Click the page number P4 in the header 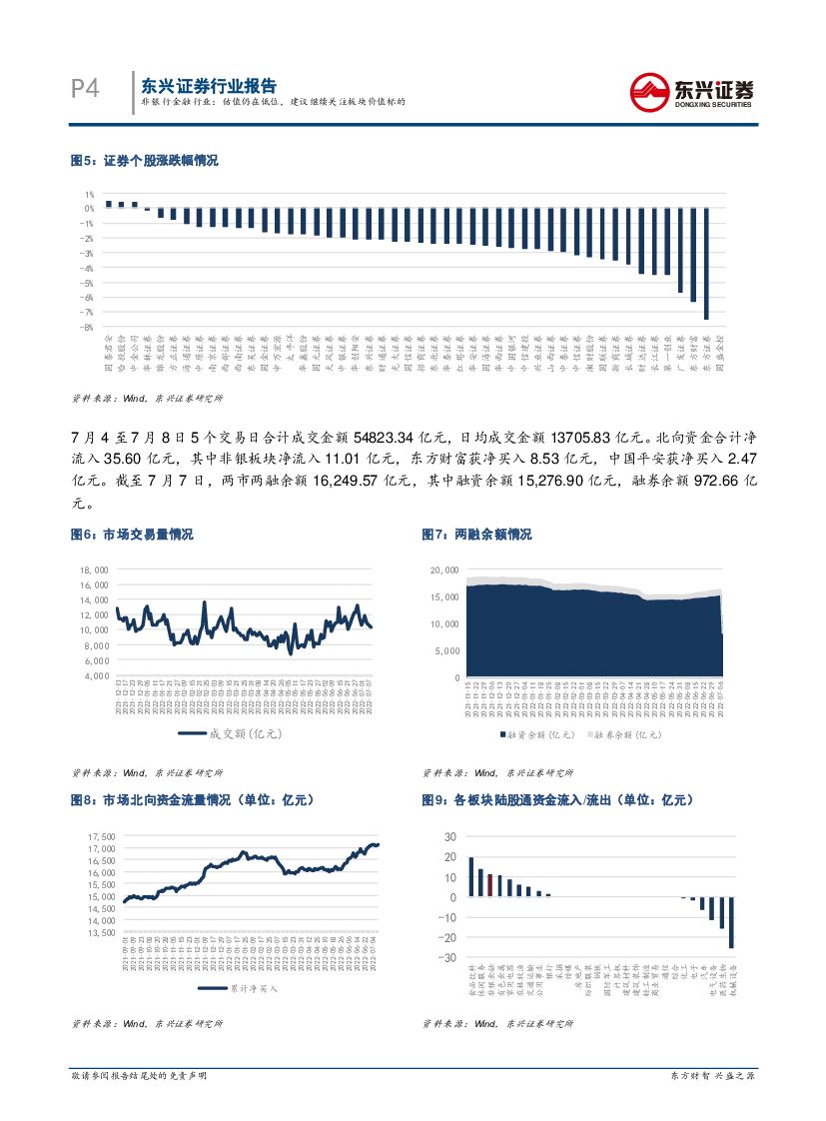coord(86,89)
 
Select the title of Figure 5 coord(144,160)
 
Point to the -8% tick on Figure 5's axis coord(89,327)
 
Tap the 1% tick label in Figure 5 coord(90,195)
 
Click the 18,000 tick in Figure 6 coord(93,569)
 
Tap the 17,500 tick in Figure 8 coord(100,836)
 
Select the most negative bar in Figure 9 coord(731,922)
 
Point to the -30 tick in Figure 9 coord(446,958)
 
